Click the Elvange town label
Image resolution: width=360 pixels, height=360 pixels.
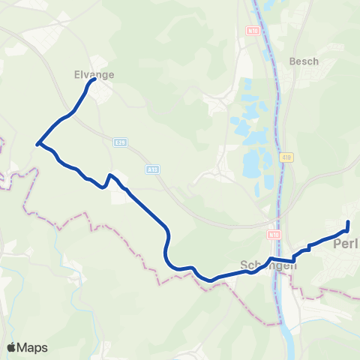point(93,75)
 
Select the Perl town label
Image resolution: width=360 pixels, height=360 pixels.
point(346,244)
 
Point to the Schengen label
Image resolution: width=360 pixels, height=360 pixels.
point(268,265)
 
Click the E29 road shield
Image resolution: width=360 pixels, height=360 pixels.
point(119,141)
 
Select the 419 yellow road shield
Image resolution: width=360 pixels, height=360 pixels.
point(287,157)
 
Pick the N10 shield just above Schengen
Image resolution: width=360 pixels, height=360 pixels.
point(274,235)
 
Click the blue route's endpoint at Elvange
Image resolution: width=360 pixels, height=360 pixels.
point(93,82)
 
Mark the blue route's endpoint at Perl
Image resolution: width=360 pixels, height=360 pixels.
point(349,223)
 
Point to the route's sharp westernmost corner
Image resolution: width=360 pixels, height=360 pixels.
point(37,142)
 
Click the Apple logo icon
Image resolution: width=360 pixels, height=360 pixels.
point(11,347)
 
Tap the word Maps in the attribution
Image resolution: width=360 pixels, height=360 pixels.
point(32,347)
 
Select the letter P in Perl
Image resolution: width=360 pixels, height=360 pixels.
point(337,244)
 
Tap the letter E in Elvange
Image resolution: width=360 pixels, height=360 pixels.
point(77,75)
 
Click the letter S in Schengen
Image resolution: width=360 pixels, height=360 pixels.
point(243,265)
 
